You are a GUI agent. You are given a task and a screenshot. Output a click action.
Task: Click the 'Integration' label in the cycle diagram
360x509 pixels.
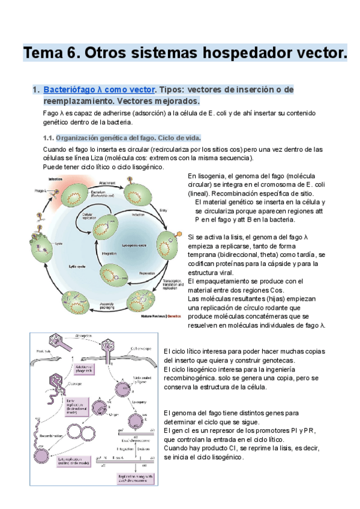pos(110,254)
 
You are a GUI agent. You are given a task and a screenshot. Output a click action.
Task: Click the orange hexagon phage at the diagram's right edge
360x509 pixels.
pos(178,233)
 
